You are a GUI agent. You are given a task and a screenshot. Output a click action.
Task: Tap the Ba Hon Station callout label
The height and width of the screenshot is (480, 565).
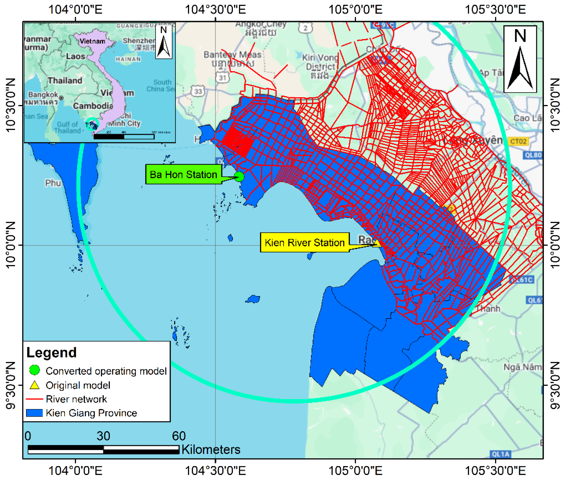click(x=183, y=174)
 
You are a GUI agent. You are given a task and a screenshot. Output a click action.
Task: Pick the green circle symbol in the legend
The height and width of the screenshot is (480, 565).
click(x=35, y=370)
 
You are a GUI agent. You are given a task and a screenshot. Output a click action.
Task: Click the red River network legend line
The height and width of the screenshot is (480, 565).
click(x=34, y=399)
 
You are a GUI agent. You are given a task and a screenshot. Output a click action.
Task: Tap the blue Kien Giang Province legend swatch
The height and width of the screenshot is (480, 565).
click(x=34, y=413)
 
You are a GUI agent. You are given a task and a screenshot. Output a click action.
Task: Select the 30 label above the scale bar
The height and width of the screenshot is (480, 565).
click(x=103, y=436)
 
